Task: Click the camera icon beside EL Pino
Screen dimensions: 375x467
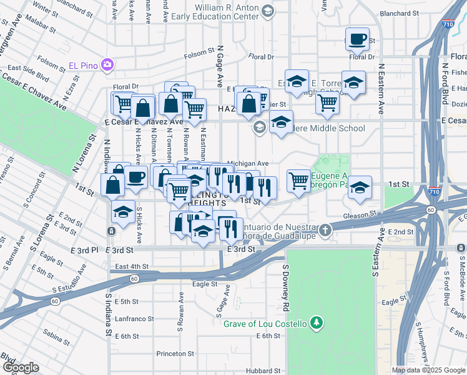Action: [107, 64]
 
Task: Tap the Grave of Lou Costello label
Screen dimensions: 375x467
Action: [266, 323]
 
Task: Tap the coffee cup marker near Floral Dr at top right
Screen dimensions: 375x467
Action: [357, 39]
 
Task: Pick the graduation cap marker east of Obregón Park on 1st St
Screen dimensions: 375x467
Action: [360, 188]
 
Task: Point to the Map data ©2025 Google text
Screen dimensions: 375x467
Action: [428, 370]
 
